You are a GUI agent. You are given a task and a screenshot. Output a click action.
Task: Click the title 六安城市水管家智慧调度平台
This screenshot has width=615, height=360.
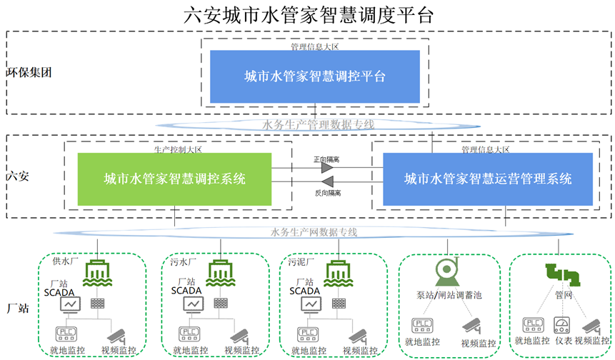308,14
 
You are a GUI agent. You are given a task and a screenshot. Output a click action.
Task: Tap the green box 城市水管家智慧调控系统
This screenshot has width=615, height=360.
174,179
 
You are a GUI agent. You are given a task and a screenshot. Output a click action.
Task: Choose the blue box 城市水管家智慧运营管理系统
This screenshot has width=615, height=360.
487,179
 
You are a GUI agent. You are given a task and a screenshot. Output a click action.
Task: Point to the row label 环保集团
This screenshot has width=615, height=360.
29,72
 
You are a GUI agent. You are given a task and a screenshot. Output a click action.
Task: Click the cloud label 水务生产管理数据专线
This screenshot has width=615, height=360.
319,124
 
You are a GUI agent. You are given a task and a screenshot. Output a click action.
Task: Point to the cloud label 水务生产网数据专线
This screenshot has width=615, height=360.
314,231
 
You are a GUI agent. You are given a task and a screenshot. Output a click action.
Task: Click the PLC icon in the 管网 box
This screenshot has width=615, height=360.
532,325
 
